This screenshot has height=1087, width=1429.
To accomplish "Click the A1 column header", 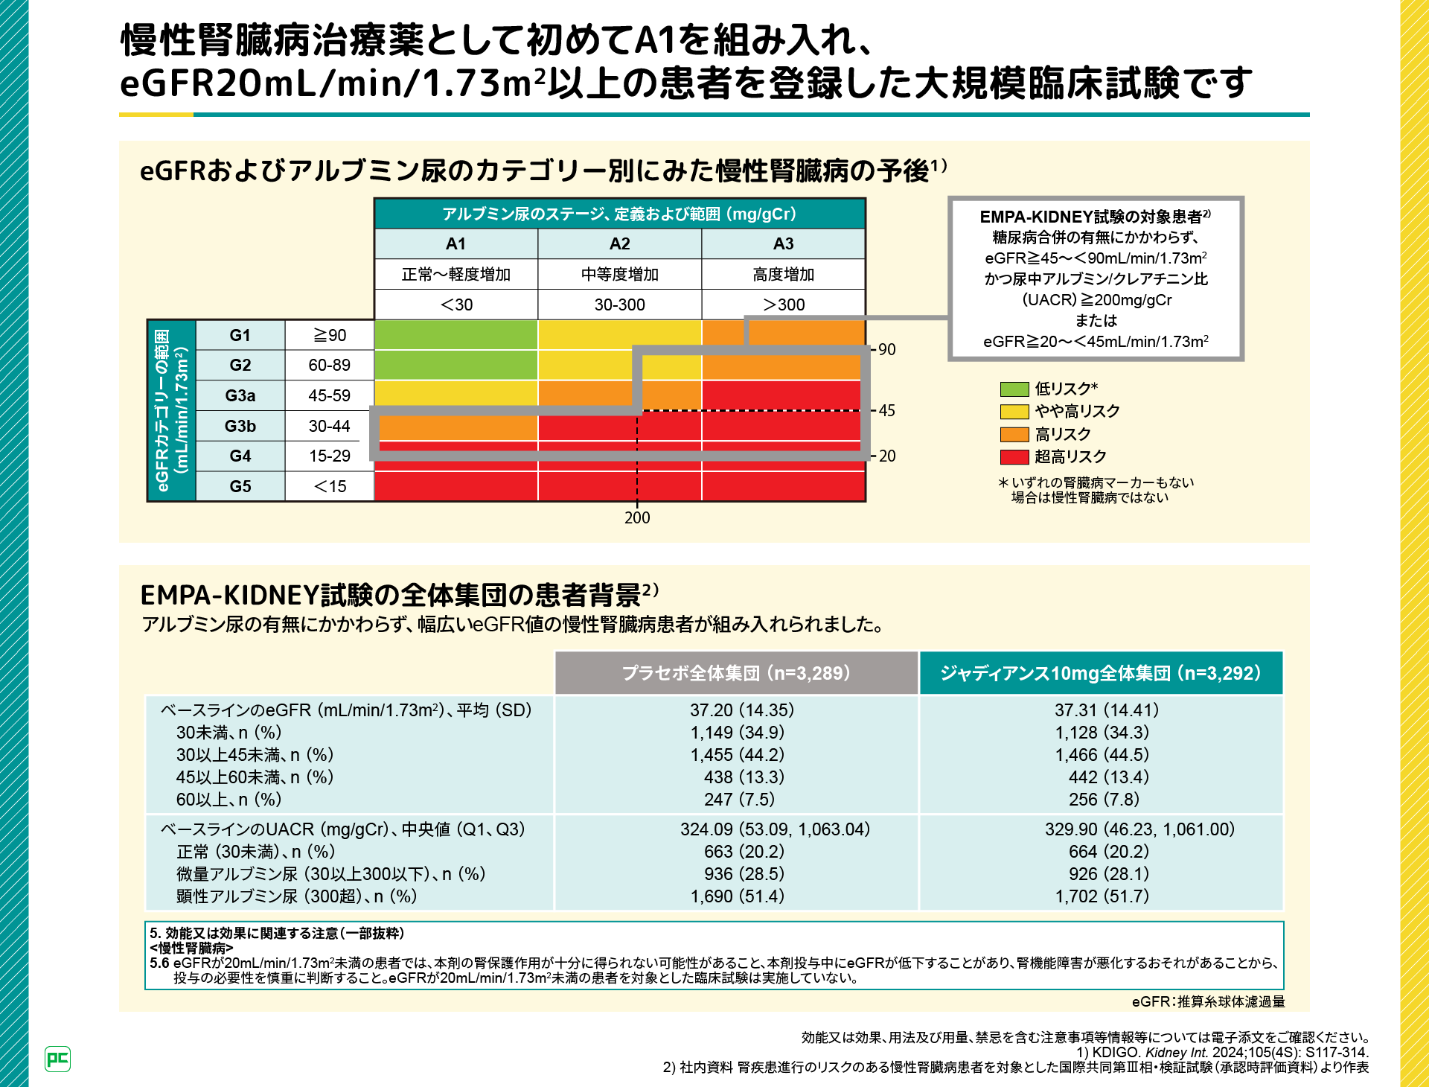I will tap(455, 243).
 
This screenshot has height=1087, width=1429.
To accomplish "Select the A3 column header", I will tap(783, 243).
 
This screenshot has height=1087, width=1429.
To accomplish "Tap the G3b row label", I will tap(240, 426).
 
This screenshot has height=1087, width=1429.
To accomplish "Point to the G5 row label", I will tap(240, 486).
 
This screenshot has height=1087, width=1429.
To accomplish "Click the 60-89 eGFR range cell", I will tap(329, 365).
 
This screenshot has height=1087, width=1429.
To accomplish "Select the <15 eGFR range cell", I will tap(329, 486).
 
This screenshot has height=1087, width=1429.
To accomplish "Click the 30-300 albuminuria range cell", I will tap(619, 305).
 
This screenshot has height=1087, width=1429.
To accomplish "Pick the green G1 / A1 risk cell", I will tap(455, 335).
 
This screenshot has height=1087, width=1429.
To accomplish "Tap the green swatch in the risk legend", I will tap(1014, 389).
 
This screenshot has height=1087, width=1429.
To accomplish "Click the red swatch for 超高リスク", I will tap(1014, 456).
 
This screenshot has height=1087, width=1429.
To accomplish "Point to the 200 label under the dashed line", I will tap(637, 517).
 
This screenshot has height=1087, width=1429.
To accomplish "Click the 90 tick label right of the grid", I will tap(886, 349).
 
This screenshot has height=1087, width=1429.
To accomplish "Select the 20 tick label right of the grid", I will tap(886, 456).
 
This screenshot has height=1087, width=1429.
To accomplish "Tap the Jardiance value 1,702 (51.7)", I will tap(1102, 896).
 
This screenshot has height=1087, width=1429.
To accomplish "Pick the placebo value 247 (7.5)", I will tap(739, 800).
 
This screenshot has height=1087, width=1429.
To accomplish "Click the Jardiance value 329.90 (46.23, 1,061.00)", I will tap(1139, 829).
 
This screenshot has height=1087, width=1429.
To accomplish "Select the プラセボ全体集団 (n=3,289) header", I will tap(736, 673).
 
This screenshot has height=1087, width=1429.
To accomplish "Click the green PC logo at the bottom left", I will tap(58, 1059).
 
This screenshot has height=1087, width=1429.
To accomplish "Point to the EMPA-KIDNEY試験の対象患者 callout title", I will tap(1095, 217).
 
